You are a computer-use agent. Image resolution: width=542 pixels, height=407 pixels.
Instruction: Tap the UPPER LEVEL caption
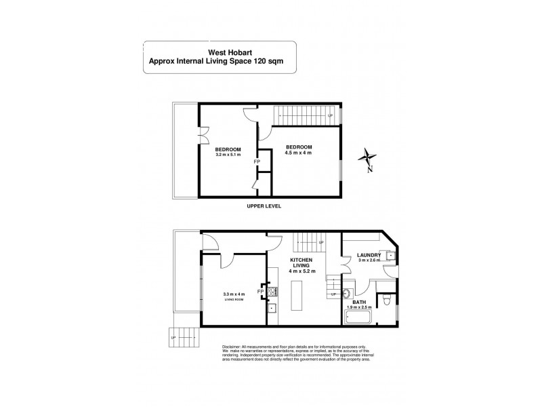264,206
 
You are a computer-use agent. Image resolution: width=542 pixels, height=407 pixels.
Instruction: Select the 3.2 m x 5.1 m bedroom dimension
228,155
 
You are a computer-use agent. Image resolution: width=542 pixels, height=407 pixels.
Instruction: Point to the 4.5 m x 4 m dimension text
298,153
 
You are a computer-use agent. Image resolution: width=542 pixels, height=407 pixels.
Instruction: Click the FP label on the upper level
256,162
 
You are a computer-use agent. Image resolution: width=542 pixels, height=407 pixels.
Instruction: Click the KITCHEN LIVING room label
300,265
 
